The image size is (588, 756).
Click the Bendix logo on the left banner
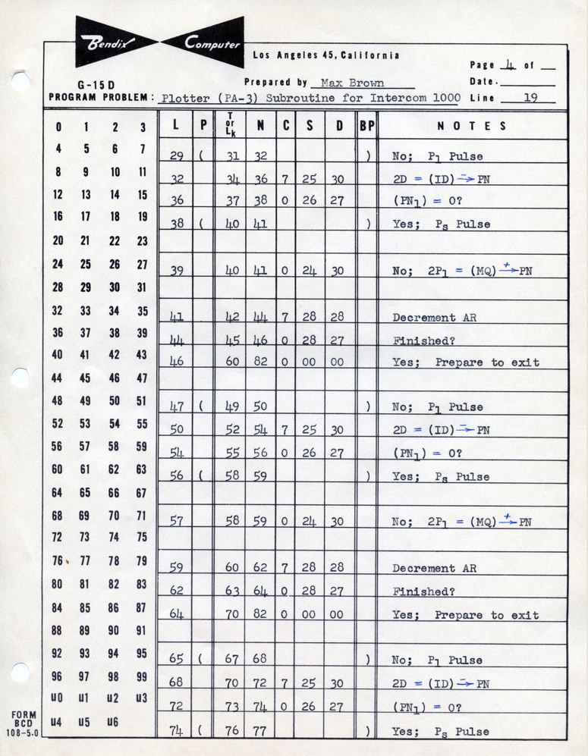(111, 42)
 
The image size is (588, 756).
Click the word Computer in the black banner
(212, 42)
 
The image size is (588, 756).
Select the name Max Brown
(352, 83)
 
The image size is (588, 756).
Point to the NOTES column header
(471, 127)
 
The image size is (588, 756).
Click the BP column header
(366, 127)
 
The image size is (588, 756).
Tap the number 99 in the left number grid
(142, 676)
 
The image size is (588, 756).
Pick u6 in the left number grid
(114, 722)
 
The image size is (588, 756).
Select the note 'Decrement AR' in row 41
(434, 318)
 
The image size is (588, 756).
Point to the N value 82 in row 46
(260, 362)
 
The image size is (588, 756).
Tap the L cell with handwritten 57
(176, 522)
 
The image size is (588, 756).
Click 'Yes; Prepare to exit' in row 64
(465, 615)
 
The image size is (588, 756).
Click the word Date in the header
(483, 82)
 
